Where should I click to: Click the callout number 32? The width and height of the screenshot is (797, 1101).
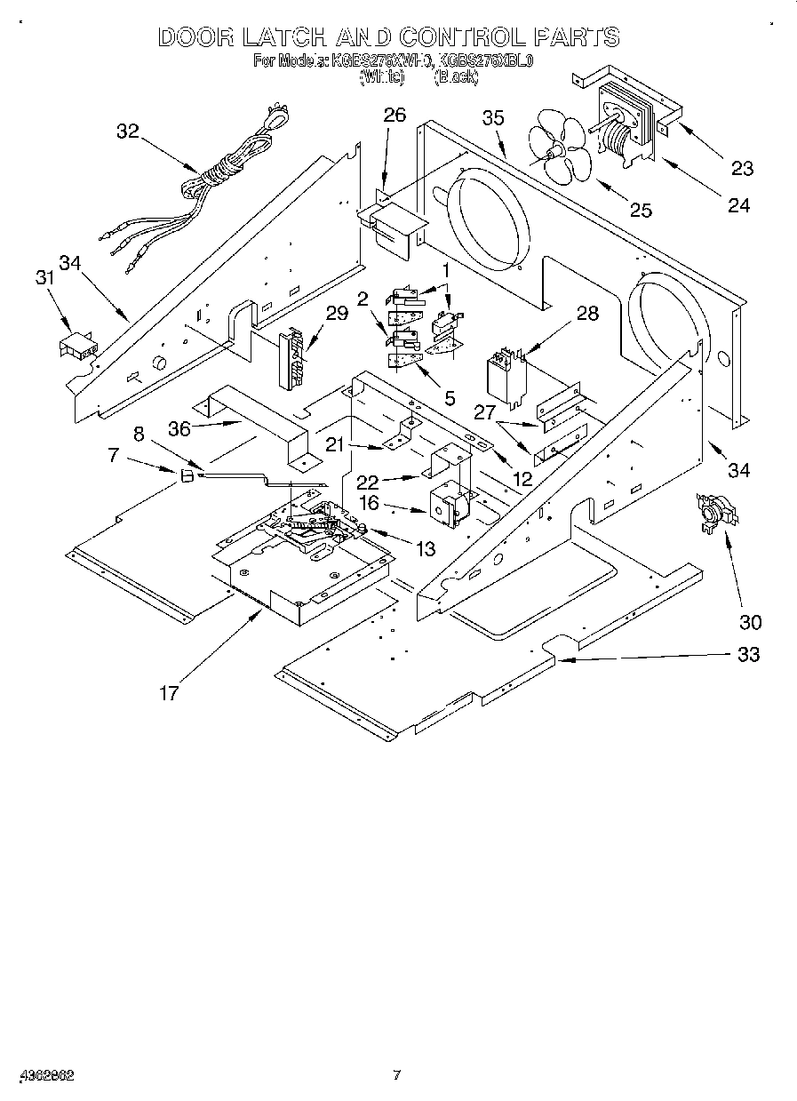[x=128, y=131]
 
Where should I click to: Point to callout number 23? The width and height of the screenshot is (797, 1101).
[x=741, y=168]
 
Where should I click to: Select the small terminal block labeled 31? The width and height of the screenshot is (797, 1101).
[x=78, y=345]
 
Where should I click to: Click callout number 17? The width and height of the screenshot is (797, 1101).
[x=169, y=692]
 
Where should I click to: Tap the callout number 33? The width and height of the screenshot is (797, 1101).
[x=748, y=654]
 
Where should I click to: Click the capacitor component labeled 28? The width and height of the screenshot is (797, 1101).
[x=505, y=379]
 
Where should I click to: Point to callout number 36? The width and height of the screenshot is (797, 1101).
[x=179, y=427]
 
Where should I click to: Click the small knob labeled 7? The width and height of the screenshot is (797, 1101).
[x=187, y=476]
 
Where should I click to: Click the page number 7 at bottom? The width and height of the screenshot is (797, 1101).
[x=397, y=1074]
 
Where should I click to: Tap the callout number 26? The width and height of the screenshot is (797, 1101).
[x=394, y=114]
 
